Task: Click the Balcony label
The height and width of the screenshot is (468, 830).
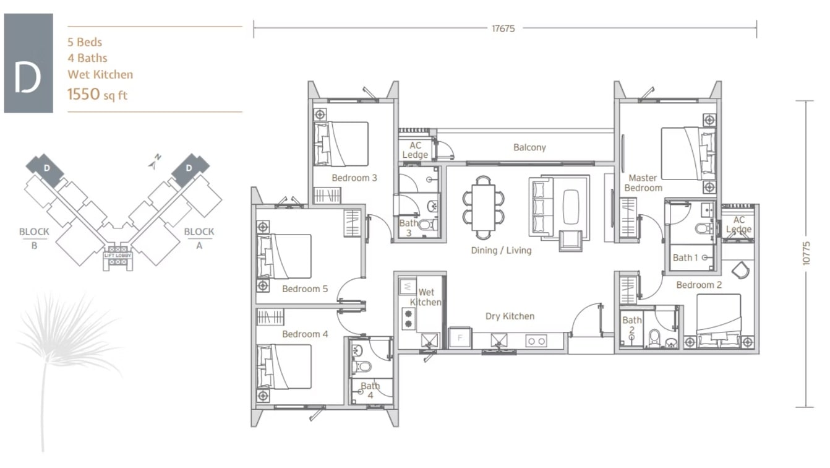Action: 529,147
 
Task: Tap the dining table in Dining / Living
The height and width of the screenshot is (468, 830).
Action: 483,207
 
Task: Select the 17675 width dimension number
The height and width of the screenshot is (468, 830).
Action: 503,28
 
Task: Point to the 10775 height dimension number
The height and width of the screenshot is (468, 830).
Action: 806,253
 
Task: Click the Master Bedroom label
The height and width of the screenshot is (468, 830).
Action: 643,183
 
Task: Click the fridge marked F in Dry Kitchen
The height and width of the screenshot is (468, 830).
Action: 460,338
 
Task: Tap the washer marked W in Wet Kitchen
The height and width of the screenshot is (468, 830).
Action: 407,286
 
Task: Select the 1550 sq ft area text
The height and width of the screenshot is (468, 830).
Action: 97,95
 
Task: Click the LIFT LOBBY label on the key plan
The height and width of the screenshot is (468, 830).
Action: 118,256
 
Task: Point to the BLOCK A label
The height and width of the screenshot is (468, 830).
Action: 199,238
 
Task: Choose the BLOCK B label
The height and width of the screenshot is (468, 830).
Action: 34,238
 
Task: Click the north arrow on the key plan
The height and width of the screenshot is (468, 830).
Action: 154,162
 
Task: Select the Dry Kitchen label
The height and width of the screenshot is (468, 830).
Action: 510,316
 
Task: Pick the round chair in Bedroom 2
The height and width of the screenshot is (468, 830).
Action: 741,270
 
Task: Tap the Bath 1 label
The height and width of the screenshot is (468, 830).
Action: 685,258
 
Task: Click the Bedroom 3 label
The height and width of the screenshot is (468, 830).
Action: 354,178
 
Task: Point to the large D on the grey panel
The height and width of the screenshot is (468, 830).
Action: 27,78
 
